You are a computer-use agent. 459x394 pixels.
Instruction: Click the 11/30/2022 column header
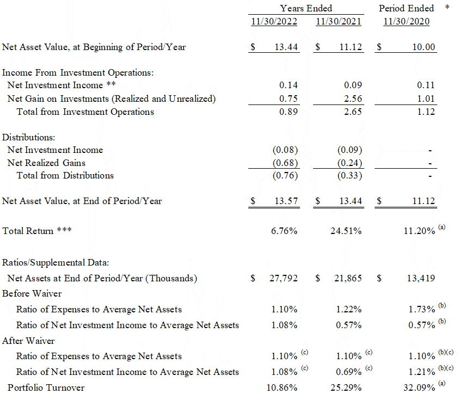(274, 22)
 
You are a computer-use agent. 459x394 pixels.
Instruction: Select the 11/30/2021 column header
(338, 22)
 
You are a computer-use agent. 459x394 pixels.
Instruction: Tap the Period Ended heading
(406, 8)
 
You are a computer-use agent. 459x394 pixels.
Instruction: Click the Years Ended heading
(306, 8)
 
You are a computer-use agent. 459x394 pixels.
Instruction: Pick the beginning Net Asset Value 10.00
(424, 47)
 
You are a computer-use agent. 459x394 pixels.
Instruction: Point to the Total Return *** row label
(37, 231)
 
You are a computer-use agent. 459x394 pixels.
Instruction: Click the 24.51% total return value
(346, 231)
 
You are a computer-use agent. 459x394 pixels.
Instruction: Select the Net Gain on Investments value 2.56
(353, 98)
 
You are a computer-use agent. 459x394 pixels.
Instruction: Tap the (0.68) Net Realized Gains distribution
(285, 163)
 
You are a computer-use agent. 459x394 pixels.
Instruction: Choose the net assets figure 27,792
(284, 278)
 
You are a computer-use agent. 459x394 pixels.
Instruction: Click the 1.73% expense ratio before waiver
(421, 309)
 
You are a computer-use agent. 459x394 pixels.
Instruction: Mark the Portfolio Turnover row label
(44, 387)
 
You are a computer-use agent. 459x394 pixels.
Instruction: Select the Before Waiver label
(32, 294)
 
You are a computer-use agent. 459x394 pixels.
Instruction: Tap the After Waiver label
(28, 341)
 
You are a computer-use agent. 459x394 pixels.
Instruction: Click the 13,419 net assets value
(421, 278)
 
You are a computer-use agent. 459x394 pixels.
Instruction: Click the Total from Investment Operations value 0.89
(289, 112)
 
